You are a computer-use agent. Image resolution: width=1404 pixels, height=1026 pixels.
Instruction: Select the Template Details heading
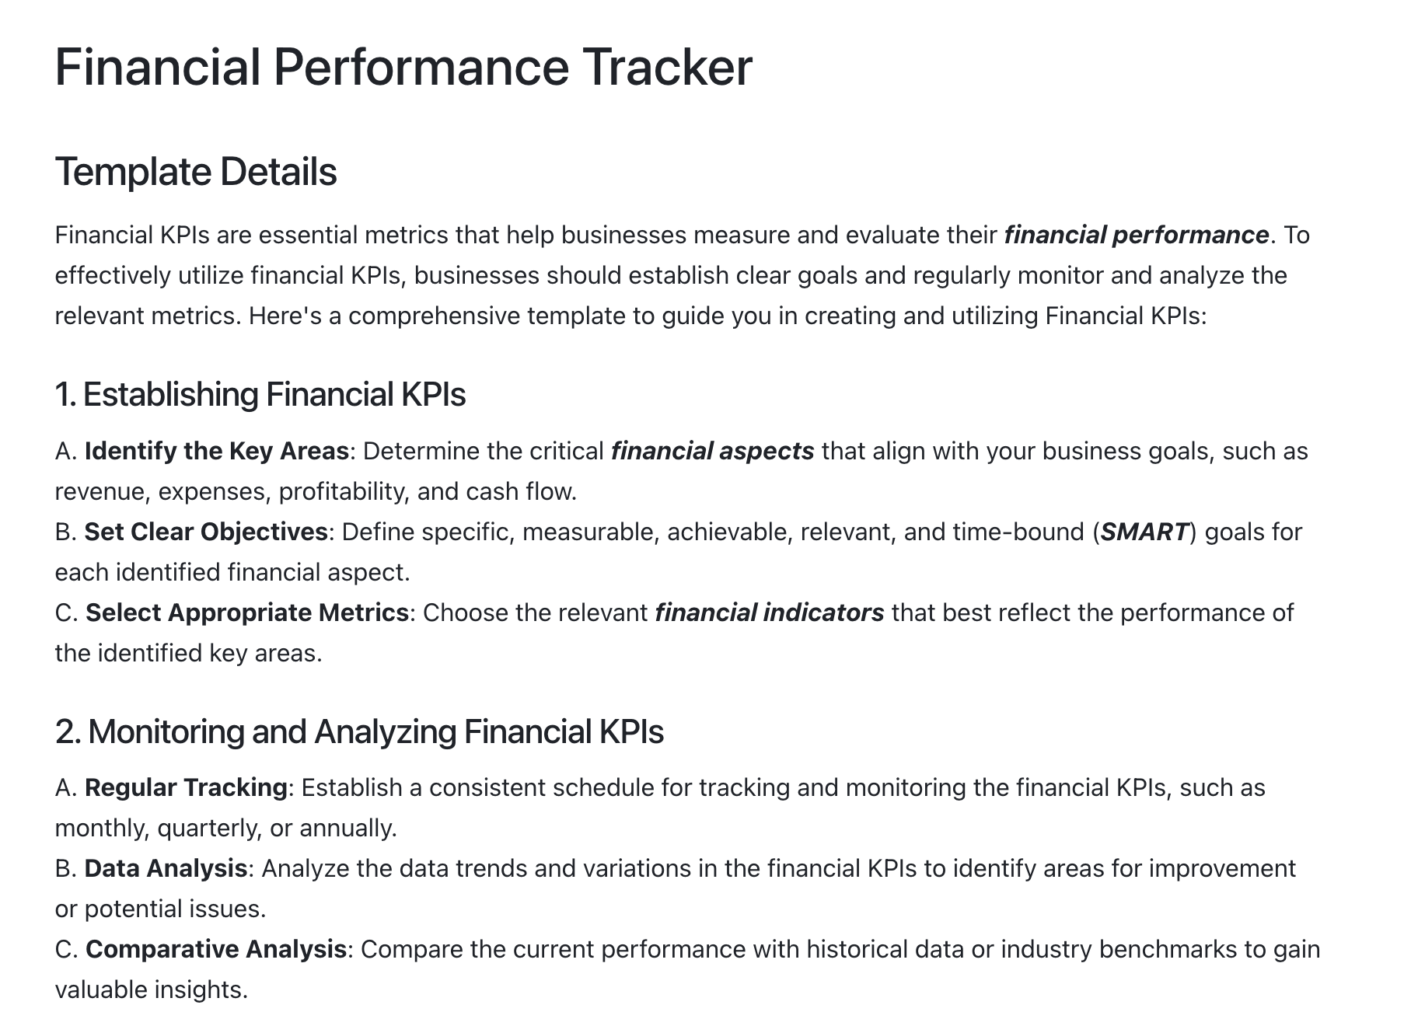coord(196,172)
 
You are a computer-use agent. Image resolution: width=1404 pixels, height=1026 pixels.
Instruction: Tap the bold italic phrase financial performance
coord(1137,235)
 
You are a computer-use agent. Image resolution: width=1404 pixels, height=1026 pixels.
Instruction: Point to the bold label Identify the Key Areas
coord(217,451)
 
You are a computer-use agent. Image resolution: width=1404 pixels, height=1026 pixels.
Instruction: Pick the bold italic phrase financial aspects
coord(713,451)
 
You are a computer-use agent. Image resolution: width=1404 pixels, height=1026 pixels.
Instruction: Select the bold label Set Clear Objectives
coord(206,532)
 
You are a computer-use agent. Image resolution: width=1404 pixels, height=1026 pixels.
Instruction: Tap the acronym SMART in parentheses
coord(1145,532)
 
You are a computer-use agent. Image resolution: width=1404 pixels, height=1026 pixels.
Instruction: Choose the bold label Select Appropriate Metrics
coord(247,612)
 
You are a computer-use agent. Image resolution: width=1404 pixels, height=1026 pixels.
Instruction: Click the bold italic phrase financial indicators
coord(770,612)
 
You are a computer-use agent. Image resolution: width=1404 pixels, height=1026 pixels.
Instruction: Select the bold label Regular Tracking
coord(186,787)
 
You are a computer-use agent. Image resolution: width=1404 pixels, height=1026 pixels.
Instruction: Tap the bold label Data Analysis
coord(166,868)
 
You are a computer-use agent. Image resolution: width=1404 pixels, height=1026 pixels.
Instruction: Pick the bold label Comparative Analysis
coord(216,949)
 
